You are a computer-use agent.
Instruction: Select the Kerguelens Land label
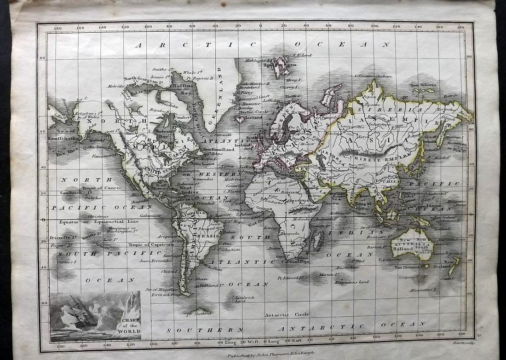351,282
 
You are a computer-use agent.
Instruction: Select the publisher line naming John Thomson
264,355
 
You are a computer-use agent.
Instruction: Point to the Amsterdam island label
345,267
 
